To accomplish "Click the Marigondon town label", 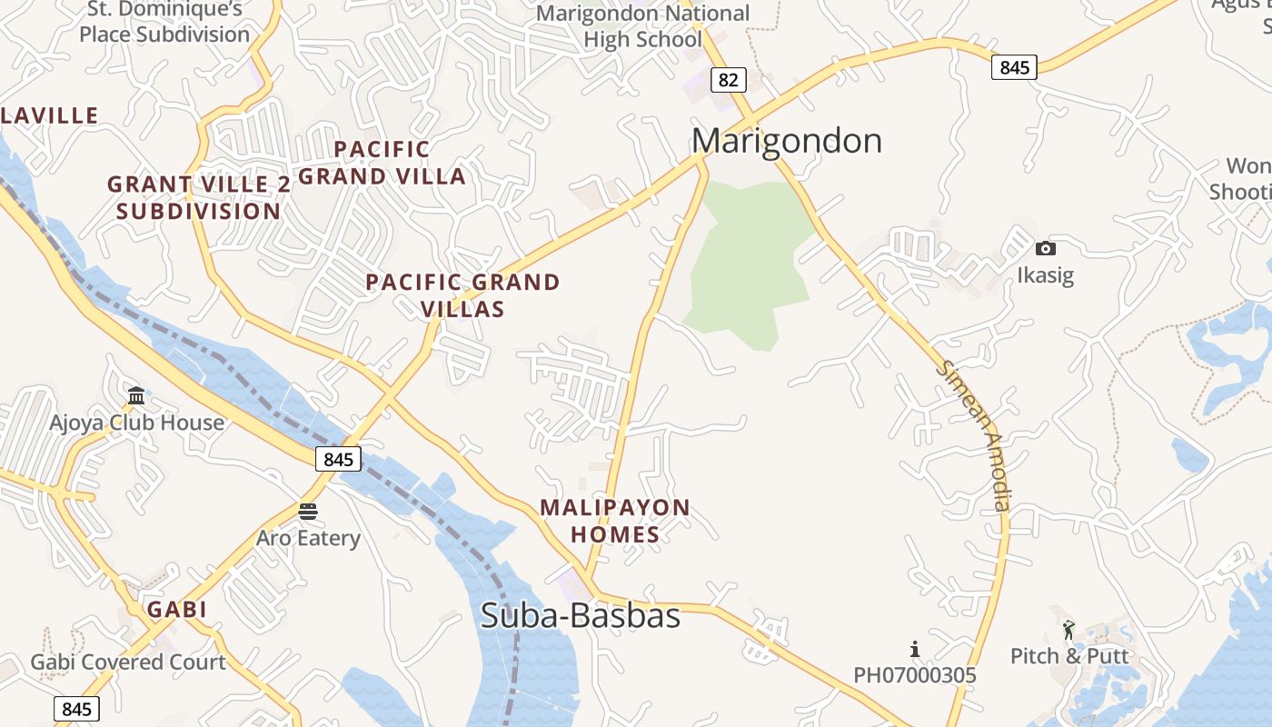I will tap(786, 141).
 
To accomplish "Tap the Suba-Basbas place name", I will tap(580, 615).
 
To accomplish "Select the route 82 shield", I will tap(728, 80).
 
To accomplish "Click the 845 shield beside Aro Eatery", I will tap(338, 459).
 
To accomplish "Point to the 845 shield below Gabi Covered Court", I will tap(76, 708).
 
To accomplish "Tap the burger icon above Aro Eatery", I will tap(308, 512).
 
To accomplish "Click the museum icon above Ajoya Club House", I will tap(136, 395).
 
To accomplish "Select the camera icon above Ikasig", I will tap(1045, 248).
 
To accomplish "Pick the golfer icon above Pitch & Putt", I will tap(1068, 629).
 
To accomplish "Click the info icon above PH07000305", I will tap(915, 649).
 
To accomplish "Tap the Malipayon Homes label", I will tap(615, 521).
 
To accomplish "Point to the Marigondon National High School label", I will tap(643, 26).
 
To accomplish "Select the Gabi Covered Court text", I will tap(128, 662).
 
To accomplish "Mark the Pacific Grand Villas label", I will tap(462, 295).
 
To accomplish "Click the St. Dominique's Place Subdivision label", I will tap(164, 22).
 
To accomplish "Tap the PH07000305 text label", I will tap(914, 675).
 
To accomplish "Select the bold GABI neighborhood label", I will tap(177, 609).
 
